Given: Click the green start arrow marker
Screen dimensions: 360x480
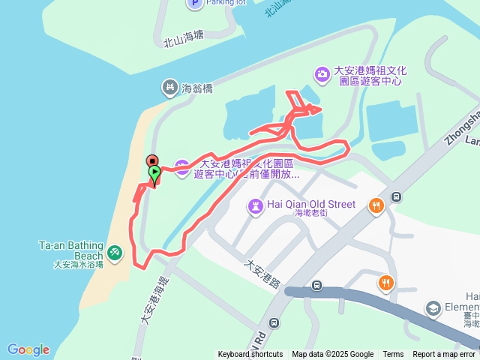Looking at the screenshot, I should (x=154, y=173).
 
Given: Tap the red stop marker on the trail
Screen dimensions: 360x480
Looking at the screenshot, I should (x=151, y=160).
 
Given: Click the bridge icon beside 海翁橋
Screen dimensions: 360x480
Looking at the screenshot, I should (x=169, y=88).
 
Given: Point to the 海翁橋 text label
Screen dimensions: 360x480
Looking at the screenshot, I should (x=197, y=88).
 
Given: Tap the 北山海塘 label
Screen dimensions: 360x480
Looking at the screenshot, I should (x=183, y=37).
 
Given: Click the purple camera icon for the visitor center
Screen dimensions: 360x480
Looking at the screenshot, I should (x=322, y=73).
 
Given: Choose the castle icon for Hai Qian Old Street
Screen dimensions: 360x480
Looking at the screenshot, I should (x=256, y=204).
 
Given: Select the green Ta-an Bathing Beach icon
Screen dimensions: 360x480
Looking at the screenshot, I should (x=115, y=253).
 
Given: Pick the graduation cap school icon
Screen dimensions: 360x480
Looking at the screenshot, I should (x=433, y=307).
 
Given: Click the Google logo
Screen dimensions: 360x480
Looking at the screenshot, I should (x=28, y=349).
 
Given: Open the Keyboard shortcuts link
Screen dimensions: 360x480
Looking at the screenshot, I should (x=250, y=355).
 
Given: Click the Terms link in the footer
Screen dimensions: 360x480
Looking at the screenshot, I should (x=393, y=355).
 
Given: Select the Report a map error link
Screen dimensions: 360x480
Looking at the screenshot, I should (x=444, y=355).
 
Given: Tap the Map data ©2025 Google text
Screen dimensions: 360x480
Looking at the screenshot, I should (x=332, y=355).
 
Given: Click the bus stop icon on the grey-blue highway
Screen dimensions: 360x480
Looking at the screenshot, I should (x=317, y=285).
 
